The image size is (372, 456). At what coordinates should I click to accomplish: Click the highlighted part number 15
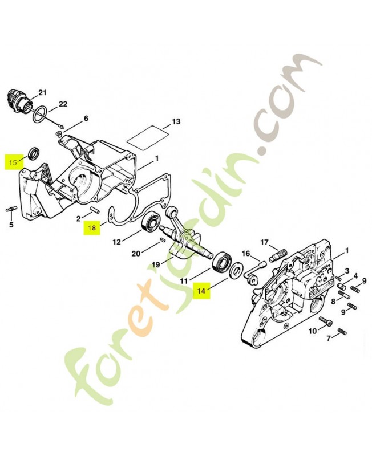point(12,162)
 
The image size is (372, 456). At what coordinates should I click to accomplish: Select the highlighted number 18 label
point(92,228)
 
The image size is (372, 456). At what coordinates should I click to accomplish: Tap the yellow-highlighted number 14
point(201,291)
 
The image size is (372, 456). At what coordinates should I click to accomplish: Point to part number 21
point(42,92)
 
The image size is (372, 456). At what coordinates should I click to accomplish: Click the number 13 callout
point(176,121)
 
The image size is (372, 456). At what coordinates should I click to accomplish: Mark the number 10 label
point(313,331)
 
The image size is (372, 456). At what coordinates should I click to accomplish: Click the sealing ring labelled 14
point(234,270)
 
